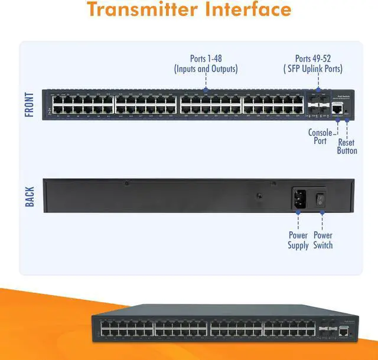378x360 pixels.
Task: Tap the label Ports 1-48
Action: pos(206,58)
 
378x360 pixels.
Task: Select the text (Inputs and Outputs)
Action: pos(206,69)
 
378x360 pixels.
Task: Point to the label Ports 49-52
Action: pos(318,58)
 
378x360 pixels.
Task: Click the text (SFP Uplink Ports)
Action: pos(318,69)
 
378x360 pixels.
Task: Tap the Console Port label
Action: pos(320,137)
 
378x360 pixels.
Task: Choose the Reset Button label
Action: pos(347,146)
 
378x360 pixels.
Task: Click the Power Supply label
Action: pos(298,240)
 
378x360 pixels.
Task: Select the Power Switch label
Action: pos(323,240)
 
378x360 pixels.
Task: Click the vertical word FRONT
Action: pos(30,104)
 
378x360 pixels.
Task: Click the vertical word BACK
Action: pos(30,197)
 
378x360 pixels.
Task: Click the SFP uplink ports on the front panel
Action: pos(318,104)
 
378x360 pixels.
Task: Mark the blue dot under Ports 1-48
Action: pos(206,90)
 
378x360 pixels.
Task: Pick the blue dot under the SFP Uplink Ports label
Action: pos(318,90)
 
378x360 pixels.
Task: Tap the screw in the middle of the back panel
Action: pos(259,195)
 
